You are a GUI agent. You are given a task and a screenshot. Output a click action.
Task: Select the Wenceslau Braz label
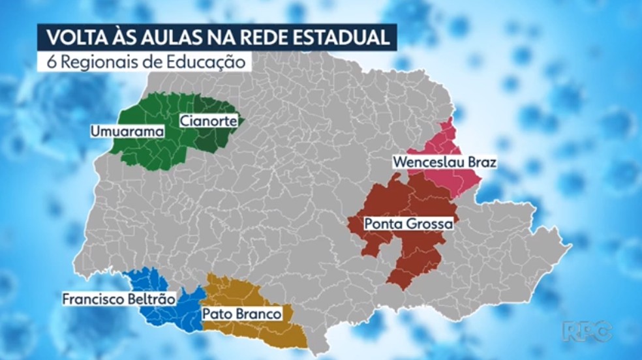coord(444,162)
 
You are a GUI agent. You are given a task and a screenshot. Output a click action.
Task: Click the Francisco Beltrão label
coord(119,300)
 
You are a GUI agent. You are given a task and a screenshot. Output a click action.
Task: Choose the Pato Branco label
coord(241,314)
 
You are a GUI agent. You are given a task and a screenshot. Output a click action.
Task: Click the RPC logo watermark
coord(587,331)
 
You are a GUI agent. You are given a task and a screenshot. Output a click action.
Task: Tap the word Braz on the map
coord(481,162)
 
